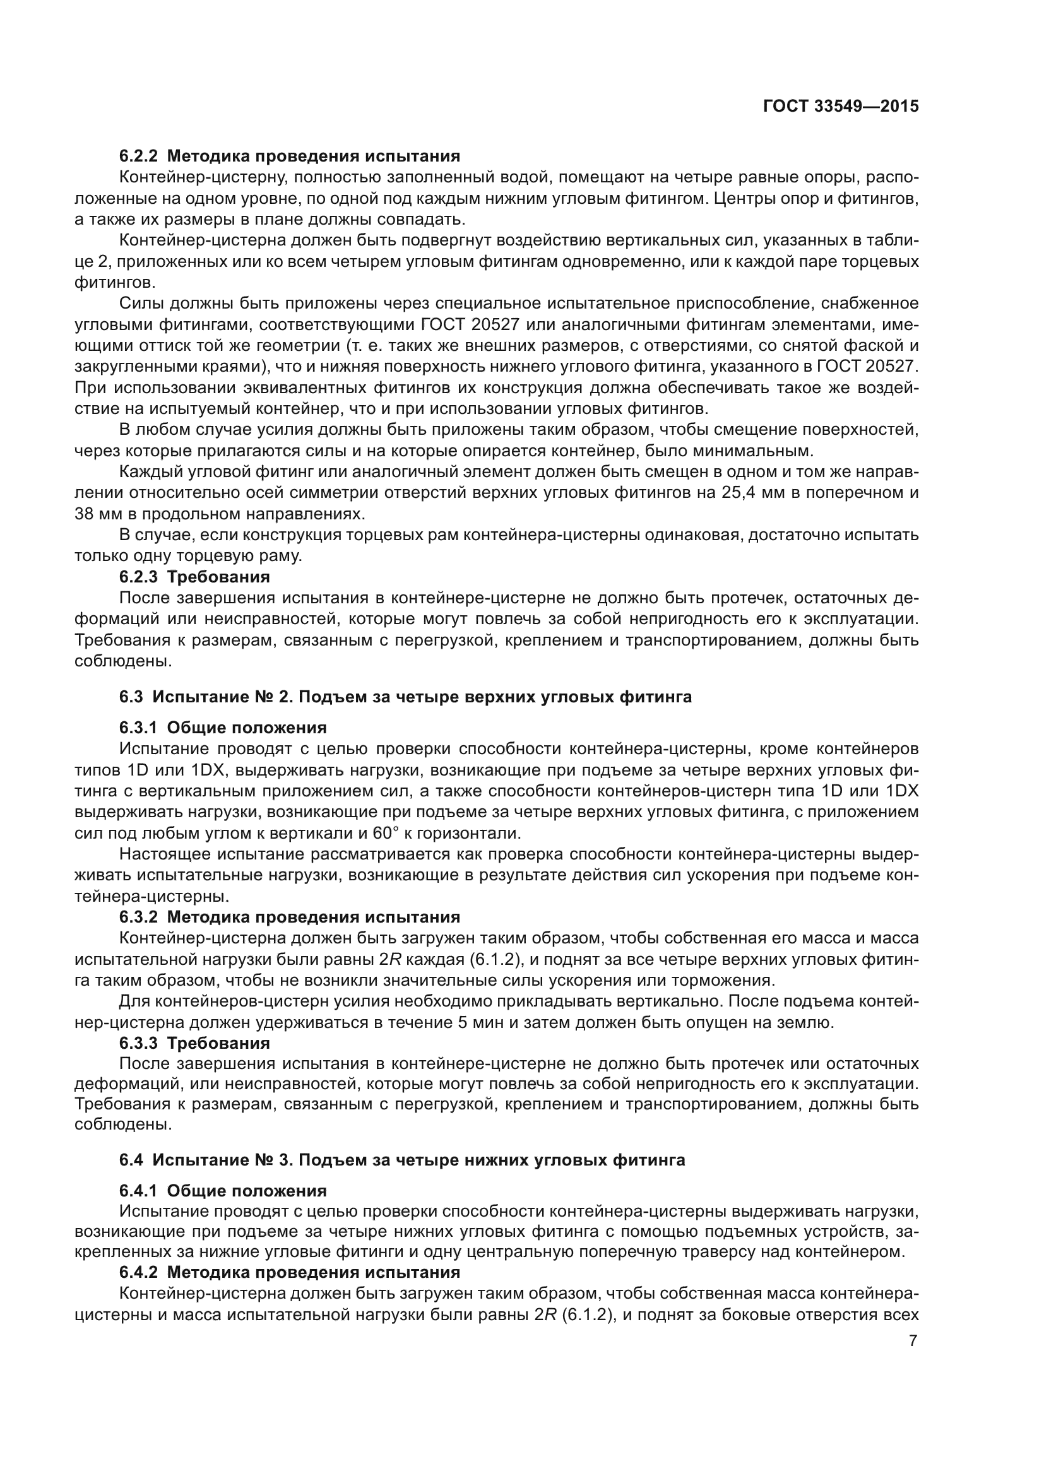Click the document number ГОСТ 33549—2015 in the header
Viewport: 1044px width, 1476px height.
[x=840, y=107]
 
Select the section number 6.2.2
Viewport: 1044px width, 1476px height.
[x=138, y=156]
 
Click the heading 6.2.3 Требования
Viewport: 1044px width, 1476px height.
[x=194, y=577]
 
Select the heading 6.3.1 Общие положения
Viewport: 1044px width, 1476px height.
[x=222, y=728]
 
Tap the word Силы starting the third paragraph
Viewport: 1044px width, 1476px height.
[x=143, y=304]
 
